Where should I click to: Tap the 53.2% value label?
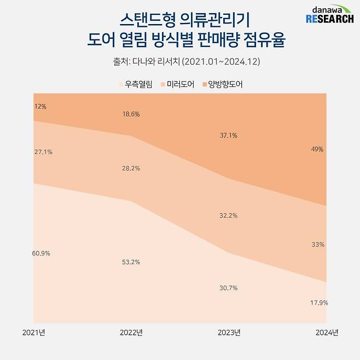click(x=131, y=262)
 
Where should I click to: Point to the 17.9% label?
click(x=318, y=303)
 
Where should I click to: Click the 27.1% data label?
click(x=43, y=152)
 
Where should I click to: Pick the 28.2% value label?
click(x=131, y=168)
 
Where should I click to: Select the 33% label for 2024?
click(x=317, y=245)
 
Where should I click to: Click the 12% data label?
click(x=40, y=107)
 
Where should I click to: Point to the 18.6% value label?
click(x=131, y=114)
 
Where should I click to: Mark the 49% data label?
click(x=317, y=148)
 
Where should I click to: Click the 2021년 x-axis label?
click(x=33, y=332)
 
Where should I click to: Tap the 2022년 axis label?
click(x=131, y=332)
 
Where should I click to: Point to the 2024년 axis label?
click(x=327, y=332)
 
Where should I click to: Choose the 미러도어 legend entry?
click(x=177, y=85)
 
